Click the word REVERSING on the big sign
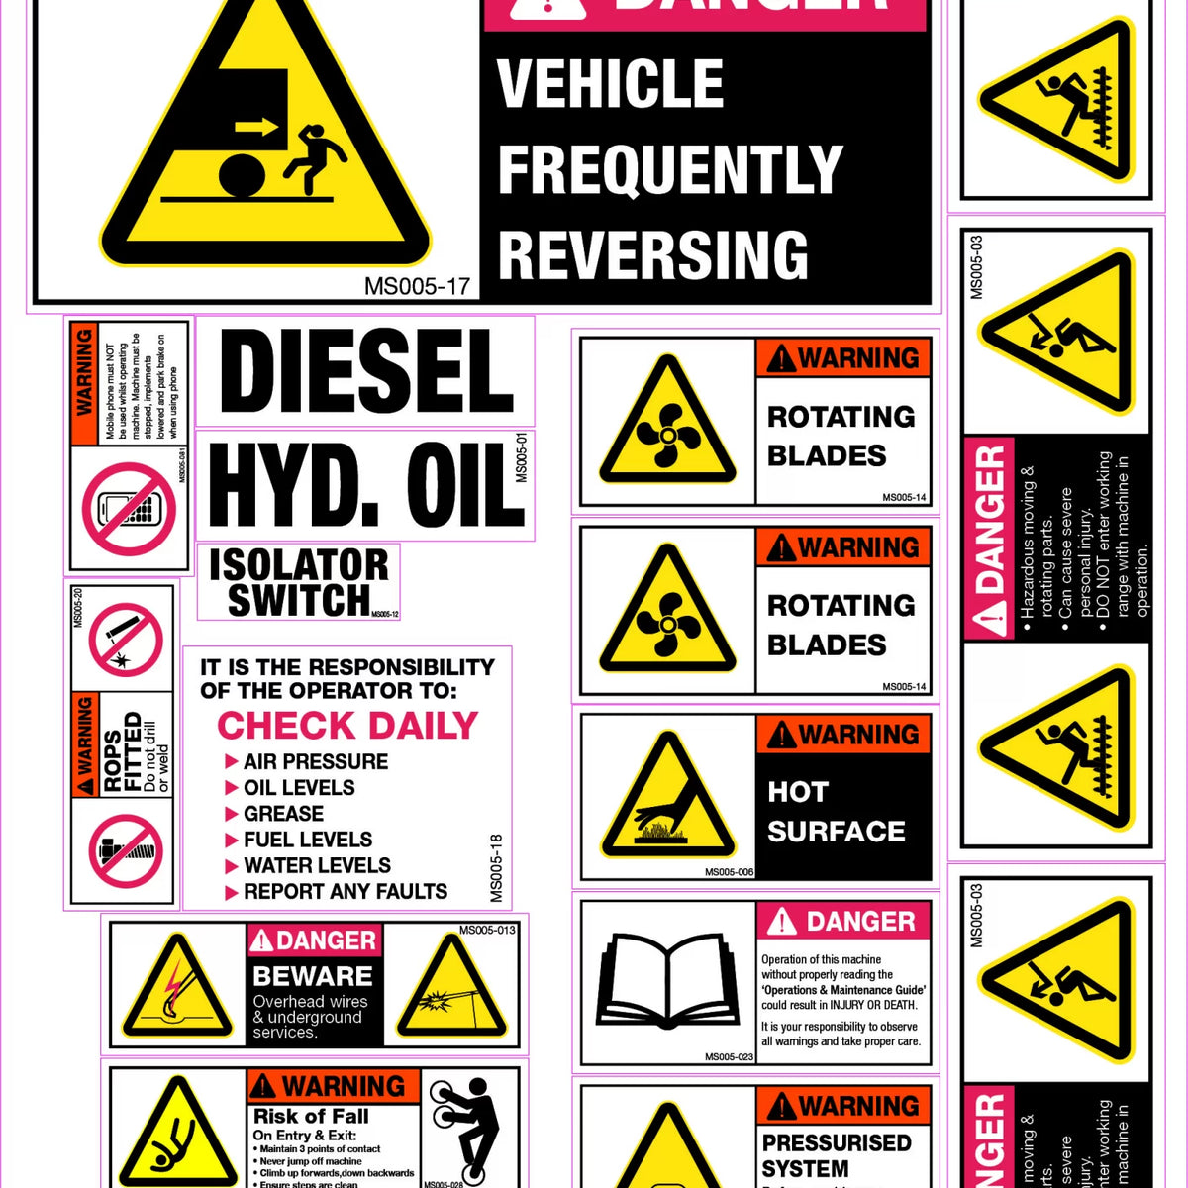652,254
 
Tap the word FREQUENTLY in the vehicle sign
669,169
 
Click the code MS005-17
417,287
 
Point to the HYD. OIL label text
364,486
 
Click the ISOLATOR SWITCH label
298,582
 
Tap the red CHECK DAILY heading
346,726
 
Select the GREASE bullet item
283,814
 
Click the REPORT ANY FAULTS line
345,891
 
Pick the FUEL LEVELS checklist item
307,840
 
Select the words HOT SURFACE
836,812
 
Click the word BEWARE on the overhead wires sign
312,976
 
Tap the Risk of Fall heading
311,1116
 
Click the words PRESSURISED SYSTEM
837,1155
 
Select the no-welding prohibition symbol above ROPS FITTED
125,641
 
